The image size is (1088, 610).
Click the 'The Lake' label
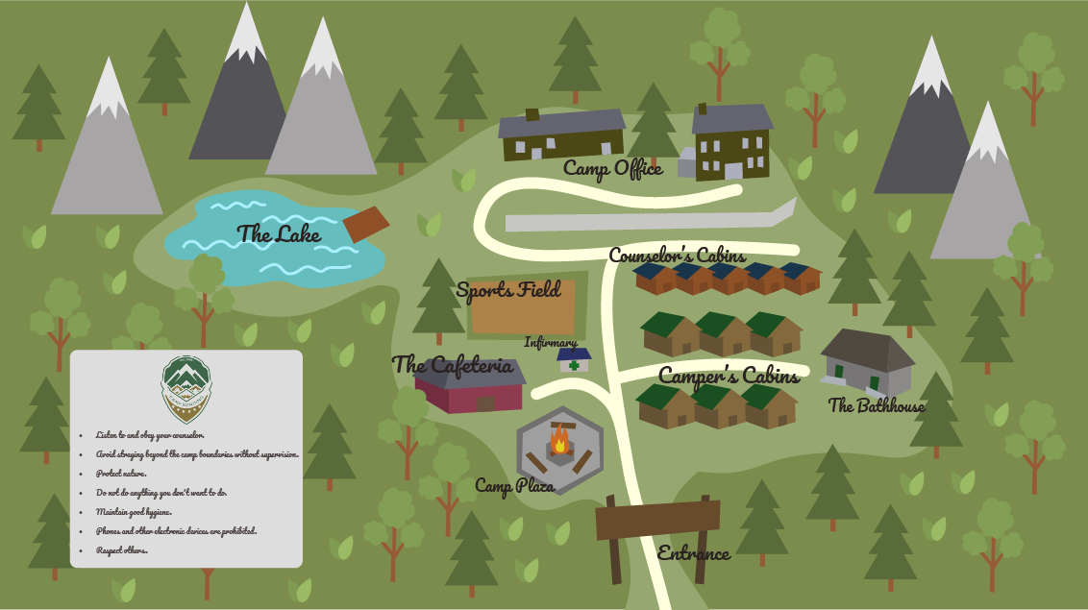click(x=279, y=233)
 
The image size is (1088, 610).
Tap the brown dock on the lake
click(x=365, y=224)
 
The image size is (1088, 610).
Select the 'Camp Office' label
click(x=612, y=169)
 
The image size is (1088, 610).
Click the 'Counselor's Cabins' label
click(x=677, y=256)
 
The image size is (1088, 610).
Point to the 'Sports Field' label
click(x=508, y=289)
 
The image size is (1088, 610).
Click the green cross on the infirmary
click(x=574, y=365)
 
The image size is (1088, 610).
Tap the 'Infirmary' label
click(x=551, y=343)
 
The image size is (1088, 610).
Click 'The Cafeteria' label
click(x=452, y=365)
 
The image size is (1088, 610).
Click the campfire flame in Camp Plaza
click(x=559, y=443)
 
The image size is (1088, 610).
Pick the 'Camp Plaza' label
click(x=514, y=486)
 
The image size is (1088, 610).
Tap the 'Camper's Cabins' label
click(x=729, y=376)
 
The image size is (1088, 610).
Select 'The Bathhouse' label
click(x=877, y=406)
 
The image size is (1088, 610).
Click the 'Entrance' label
click(x=693, y=553)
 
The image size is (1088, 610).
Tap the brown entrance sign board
click(x=657, y=520)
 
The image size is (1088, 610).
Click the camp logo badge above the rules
click(x=186, y=388)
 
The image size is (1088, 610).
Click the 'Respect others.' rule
click(x=121, y=550)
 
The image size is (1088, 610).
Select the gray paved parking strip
click(x=644, y=221)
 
